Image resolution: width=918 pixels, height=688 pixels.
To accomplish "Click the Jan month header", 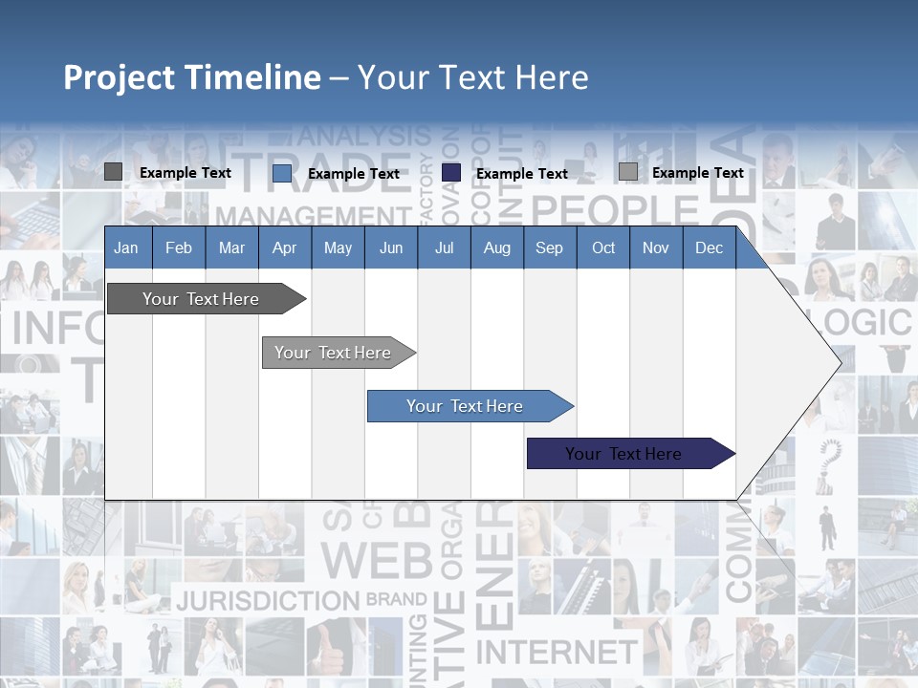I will (x=126, y=248).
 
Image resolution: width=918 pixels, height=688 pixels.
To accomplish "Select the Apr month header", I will (x=284, y=248).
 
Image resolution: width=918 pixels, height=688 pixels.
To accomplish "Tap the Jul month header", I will (x=444, y=248).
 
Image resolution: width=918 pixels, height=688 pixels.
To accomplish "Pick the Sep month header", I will (x=549, y=248).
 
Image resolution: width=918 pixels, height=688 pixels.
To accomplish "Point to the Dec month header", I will (x=709, y=248).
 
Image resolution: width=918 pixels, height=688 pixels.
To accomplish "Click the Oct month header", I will (x=603, y=248).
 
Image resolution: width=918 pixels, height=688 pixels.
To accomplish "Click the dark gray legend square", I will (x=113, y=172).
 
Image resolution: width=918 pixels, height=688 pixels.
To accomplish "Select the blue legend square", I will (x=282, y=173).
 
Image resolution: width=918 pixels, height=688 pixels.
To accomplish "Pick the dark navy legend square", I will (x=451, y=172).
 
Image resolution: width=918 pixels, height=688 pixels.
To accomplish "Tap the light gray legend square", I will (x=628, y=172).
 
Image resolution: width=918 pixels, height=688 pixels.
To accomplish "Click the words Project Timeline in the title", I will (x=192, y=77).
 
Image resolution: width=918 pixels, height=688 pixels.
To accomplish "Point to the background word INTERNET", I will (x=556, y=653).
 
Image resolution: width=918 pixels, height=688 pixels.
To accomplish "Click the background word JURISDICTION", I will (x=267, y=601).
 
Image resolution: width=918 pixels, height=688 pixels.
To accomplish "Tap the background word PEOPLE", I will (x=615, y=209).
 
